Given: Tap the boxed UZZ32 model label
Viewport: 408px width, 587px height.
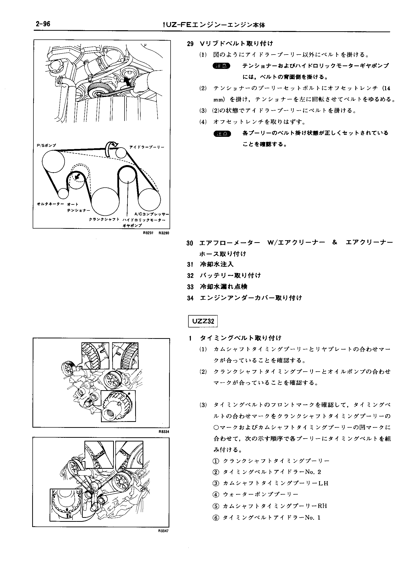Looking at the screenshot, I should pyautogui.click(x=203, y=321).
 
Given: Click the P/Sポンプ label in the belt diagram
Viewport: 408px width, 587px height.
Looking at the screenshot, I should pyautogui.click(x=47, y=146).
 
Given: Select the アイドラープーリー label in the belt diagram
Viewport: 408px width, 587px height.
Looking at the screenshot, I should pyautogui.click(x=146, y=147).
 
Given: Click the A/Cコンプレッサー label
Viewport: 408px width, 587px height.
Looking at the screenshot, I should pyautogui.click(x=152, y=214).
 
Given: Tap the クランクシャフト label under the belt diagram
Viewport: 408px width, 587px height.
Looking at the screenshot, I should pyautogui.click(x=104, y=219).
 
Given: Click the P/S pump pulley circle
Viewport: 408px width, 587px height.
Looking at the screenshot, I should pyautogui.click(x=53, y=162).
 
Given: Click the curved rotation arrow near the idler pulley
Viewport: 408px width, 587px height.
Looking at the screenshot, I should pyautogui.click(x=111, y=147).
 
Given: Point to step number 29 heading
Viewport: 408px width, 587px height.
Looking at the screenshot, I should pyautogui.click(x=190, y=44).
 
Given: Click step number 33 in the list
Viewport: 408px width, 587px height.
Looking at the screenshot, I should pyautogui.click(x=190, y=287).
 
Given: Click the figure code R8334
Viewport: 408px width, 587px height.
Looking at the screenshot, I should pyautogui.click(x=164, y=432).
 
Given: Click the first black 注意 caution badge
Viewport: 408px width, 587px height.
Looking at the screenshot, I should pyautogui.click(x=221, y=66).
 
